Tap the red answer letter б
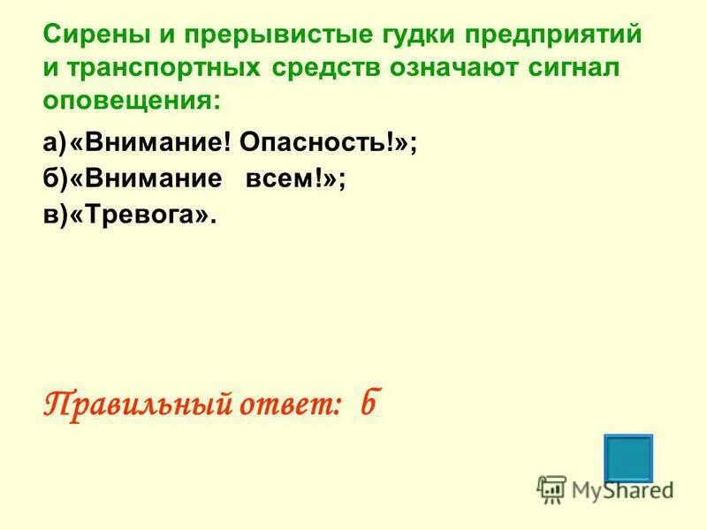[x=369, y=404]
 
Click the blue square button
[x=628, y=458]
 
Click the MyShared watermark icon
[x=551, y=488]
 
